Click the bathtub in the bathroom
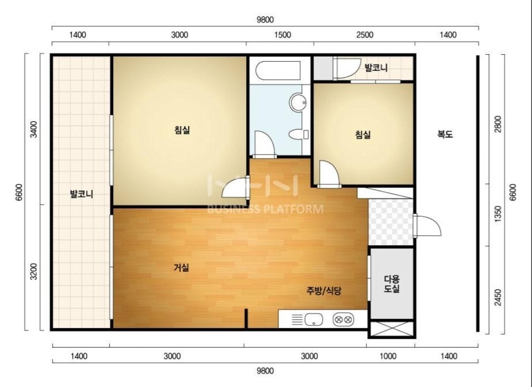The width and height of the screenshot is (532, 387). point(278,70)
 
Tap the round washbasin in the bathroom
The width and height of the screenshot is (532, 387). point(298,102)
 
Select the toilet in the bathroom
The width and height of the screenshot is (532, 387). point(299,134)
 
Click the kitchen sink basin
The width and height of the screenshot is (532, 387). point(313,320)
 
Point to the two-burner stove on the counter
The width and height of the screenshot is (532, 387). point(343,320)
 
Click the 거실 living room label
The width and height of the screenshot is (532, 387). point(181,268)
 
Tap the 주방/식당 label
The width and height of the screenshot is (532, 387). point(324,290)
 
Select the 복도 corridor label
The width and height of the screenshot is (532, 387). point(445,134)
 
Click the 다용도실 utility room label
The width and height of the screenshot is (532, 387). point(392,284)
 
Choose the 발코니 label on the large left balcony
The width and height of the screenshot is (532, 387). point(81,194)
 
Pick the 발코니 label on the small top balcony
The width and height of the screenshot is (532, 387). point(376,67)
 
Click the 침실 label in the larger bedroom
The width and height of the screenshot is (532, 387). point(182,129)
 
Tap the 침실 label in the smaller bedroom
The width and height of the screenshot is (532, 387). point(363,134)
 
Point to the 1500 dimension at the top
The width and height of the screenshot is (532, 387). point(282,35)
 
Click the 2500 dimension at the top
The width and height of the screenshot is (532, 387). point(365,35)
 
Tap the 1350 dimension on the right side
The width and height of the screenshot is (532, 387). point(498,214)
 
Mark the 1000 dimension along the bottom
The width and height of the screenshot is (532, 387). point(388,356)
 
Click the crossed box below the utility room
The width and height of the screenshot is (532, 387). point(392,329)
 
